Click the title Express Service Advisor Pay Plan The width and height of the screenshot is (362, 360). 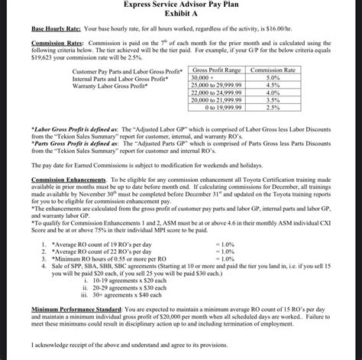(x=181, y=5)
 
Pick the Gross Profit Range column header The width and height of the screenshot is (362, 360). (x=217, y=70)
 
